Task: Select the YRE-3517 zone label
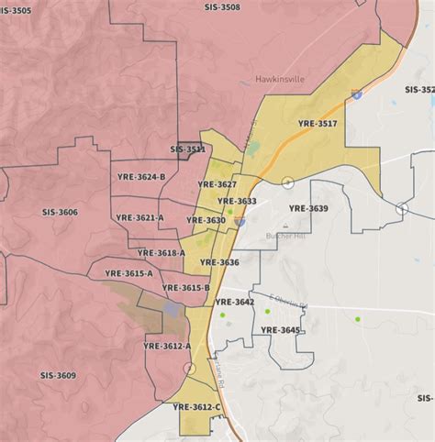pyautogui.click(x=318, y=123)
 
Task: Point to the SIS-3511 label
pyautogui.click(x=188, y=149)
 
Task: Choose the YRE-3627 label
pyautogui.click(x=220, y=184)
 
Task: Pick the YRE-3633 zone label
pyautogui.click(x=238, y=201)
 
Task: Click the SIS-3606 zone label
pyautogui.click(x=57, y=212)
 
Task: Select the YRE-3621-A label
pyautogui.click(x=140, y=217)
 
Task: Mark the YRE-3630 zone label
pyautogui.click(x=206, y=220)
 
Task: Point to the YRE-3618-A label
pyautogui.click(x=162, y=252)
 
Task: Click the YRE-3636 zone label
pyautogui.click(x=217, y=262)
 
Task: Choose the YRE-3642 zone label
pyautogui.click(x=234, y=302)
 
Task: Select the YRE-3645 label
pyautogui.click(x=280, y=329)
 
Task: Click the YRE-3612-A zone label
pyautogui.click(x=168, y=346)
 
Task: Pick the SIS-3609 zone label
pyautogui.click(x=59, y=375)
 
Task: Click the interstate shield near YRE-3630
pyautogui.click(x=240, y=221)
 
